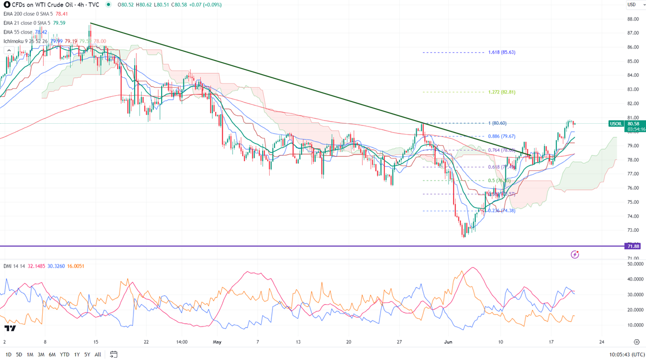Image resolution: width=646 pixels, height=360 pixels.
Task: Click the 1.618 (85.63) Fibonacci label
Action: (x=501, y=52)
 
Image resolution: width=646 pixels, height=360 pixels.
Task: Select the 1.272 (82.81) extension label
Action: (x=501, y=92)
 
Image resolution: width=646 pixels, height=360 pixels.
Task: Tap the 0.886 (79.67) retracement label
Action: (x=501, y=136)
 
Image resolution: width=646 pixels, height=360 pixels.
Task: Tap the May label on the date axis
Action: (x=217, y=342)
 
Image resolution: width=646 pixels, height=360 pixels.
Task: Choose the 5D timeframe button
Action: (x=19, y=355)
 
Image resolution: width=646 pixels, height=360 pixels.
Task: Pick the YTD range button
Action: (x=64, y=355)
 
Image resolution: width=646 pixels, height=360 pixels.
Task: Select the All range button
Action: (x=98, y=355)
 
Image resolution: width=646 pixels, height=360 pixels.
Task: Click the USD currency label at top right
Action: (x=631, y=5)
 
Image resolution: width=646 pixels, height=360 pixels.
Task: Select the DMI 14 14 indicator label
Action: (x=15, y=266)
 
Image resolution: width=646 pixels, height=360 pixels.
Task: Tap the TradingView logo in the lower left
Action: (x=10, y=329)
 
